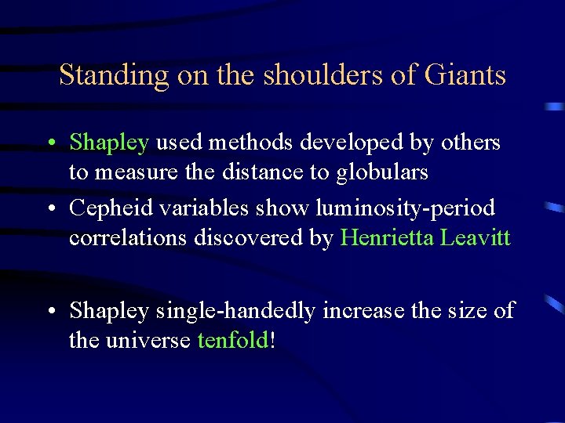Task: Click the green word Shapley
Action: coord(109,143)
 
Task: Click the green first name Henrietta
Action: coord(388,237)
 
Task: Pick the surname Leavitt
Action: coord(476,237)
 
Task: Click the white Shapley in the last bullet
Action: coord(109,311)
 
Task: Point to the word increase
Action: coord(361,311)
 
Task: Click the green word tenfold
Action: coord(232,340)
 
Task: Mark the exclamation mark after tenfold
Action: coord(272,340)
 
